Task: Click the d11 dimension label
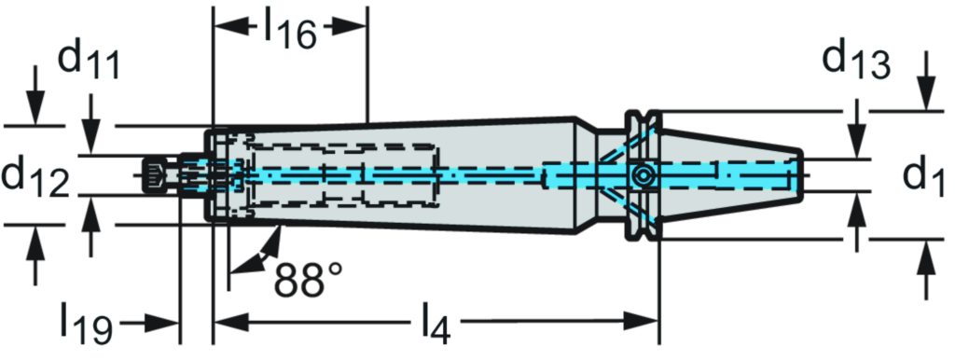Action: coord(90,62)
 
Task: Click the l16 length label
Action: coord(289,29)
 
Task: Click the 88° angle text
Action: coord(309,277)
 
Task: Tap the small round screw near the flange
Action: coord(641,175)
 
